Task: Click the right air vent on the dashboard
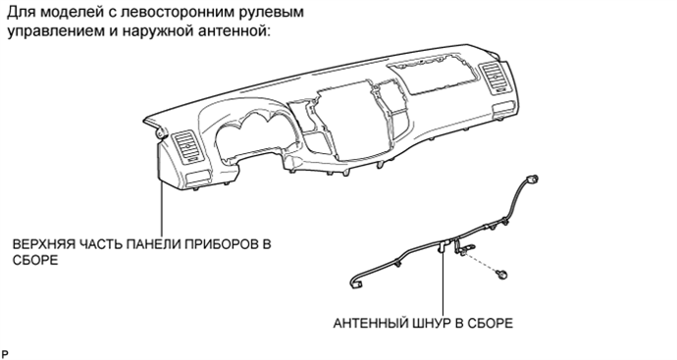492,77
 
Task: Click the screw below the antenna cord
502,271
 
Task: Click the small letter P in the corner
5,350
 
